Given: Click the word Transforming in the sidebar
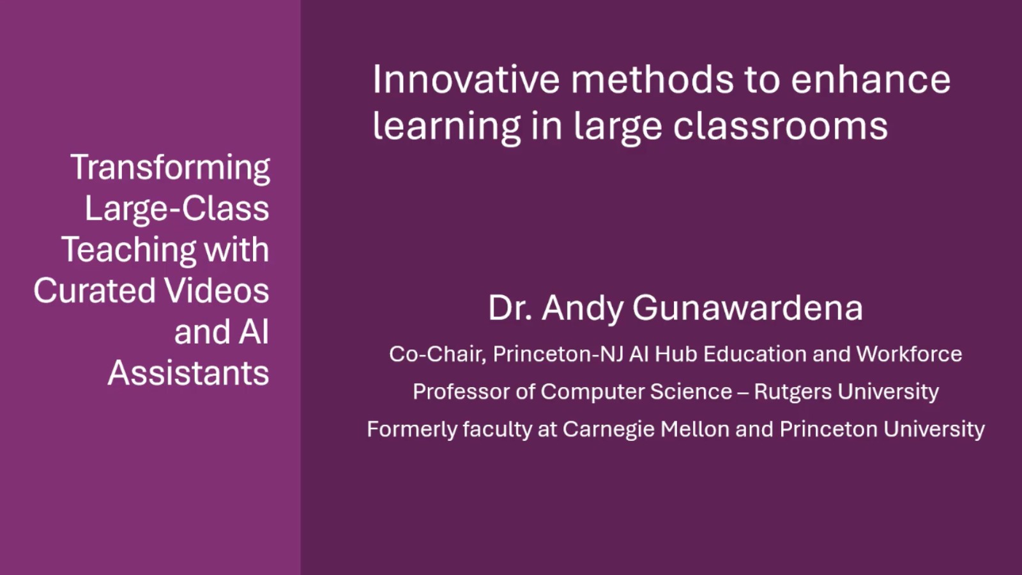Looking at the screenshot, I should click(170, 168).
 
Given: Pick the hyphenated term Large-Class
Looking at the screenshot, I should click(177, 209).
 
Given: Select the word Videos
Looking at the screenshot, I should click(217, 291).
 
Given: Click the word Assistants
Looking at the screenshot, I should click(188, 373).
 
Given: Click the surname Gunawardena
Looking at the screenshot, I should click(747, 308).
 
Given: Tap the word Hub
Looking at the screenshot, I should click(676, 354).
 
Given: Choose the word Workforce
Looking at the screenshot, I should click(909, 354).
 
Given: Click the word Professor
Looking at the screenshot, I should click(461, 392).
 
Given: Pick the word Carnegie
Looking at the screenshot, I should click(608, 429).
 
